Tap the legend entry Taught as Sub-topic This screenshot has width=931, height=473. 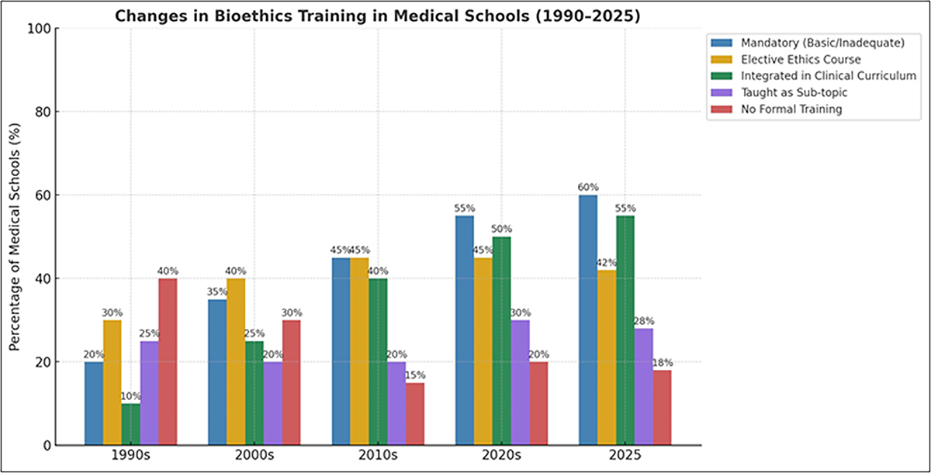click(800, 92)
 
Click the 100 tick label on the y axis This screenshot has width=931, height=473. click(40, 29)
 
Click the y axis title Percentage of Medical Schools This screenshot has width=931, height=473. click(15, 237)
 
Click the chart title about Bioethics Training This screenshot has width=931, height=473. click(378, 16)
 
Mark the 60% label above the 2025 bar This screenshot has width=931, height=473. click(588, 187)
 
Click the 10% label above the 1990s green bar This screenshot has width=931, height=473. click(131, 395)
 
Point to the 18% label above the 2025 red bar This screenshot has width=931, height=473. click(662, 362)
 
